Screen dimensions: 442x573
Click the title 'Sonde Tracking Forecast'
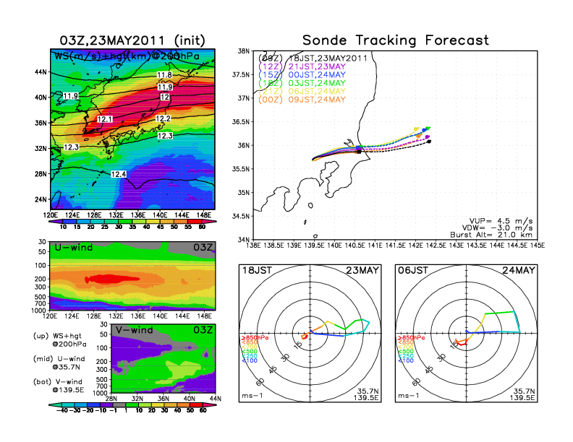click(396, 40)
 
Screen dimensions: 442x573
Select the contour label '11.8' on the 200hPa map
click(164, 75)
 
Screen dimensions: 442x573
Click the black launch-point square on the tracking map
click(359, 150)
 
